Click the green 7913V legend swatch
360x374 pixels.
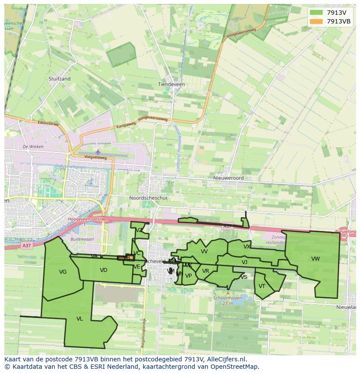pos(316,13)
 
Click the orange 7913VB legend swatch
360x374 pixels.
pos(316,21)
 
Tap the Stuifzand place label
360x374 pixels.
pos(60,79)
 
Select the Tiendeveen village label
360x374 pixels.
pos(171,84)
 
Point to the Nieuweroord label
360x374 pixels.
pos(228,178)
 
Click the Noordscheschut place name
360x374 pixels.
pos(148,198)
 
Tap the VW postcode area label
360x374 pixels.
pos(315,259)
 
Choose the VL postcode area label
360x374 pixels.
pos(80,319)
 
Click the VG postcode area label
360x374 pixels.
pos(63,272)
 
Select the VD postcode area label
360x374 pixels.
pos(103,270)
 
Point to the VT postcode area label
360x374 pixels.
pos(262,286)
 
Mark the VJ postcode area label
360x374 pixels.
pos(244,262)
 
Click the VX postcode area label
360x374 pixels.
pos(247,247)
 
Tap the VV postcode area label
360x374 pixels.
pos(204,252)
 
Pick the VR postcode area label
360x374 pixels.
pos(206,271)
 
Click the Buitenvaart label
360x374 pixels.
pos(82,239)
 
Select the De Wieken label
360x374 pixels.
pos(33,147)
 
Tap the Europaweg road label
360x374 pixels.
pos(126,125)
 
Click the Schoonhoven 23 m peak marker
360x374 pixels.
pos(228,293)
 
